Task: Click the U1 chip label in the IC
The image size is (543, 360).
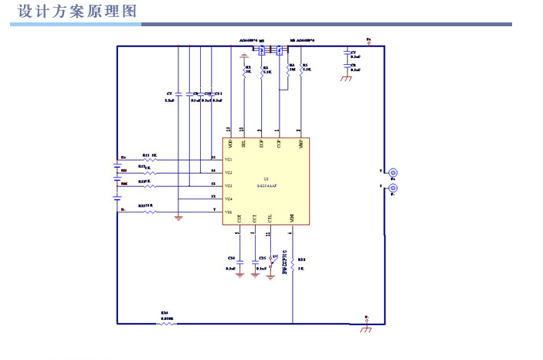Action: [x=266, y=178]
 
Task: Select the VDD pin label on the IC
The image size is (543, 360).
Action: [x=229, y=144]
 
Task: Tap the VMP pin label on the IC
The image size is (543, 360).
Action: [x=300, y=144]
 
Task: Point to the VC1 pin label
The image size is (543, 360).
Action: [x=229, y=160]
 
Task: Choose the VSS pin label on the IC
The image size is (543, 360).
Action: [x=229, y=212]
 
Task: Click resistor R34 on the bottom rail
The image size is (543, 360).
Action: [x=167, y=324]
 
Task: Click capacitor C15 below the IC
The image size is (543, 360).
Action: [x=256, y=263]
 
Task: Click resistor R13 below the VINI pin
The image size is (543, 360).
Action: [x=293, y=264]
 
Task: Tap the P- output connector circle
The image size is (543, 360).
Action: [x=392, y=188]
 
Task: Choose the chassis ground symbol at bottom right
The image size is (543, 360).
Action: [x=366, y=330]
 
